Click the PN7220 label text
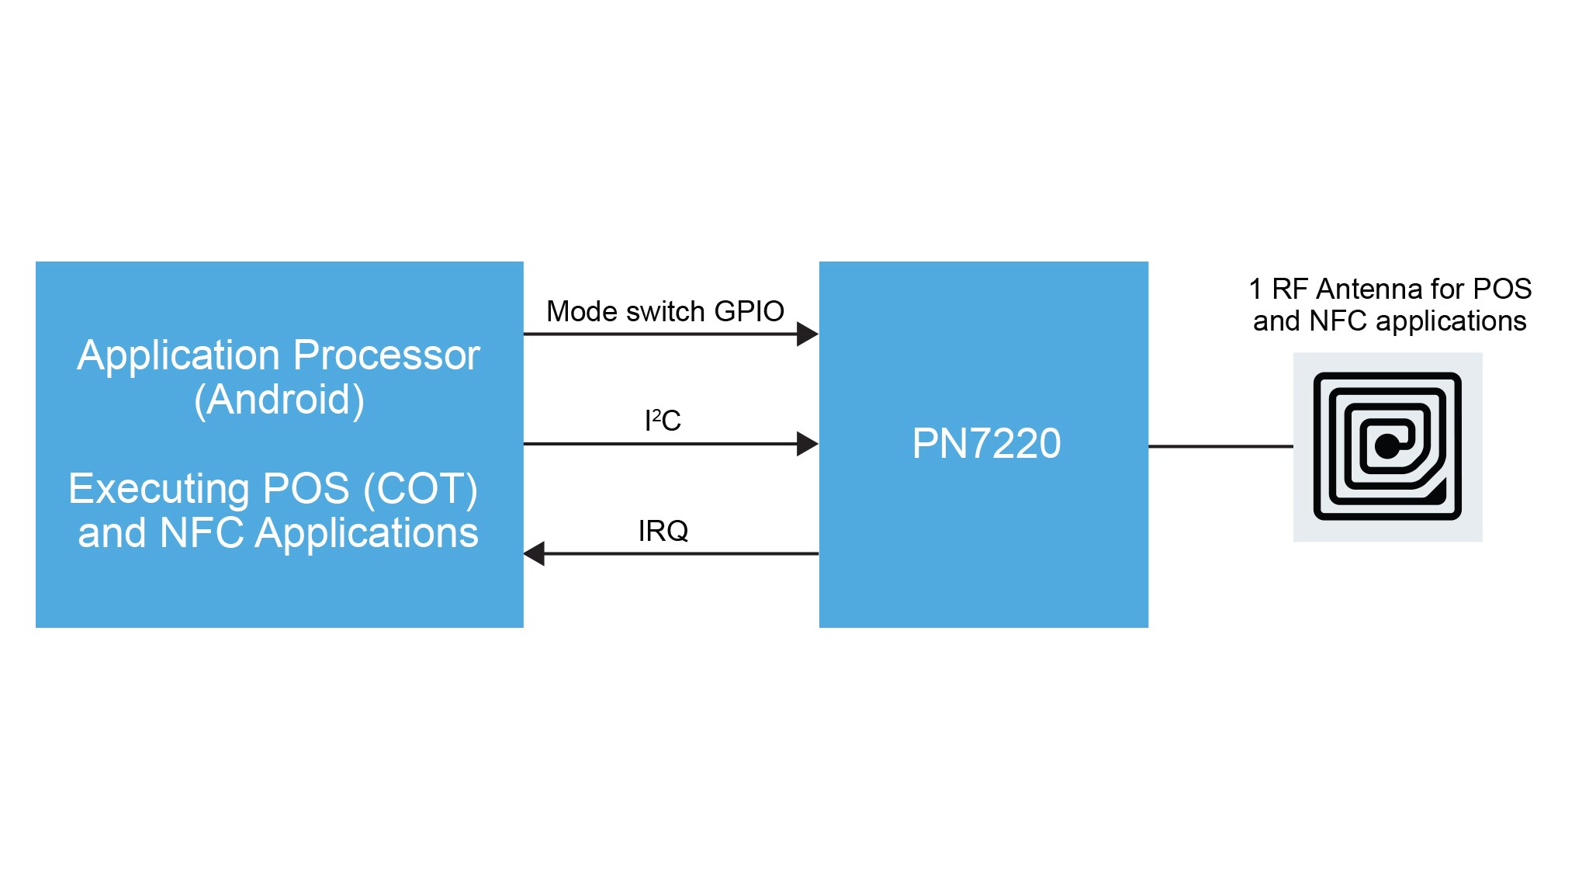[x=986, y=443]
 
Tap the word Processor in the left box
[x=386, y=355]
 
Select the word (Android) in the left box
[x=279, y=400]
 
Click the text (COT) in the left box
[x=421, y=489]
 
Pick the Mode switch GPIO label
[x=665, y=311]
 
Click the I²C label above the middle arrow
[x=663, y=421]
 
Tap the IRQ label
[x=663, y=531]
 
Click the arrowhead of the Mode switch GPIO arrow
[x=808, y=334]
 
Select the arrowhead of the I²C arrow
[x=808, y=444]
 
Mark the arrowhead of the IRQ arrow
[x=534, y=554]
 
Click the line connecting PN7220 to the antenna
[x=1220, y=446]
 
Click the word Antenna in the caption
[x=1369, y=289]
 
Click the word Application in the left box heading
[x=178, y=355]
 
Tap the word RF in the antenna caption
[x=1290, y=289]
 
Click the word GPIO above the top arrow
[x=749, y=311]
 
